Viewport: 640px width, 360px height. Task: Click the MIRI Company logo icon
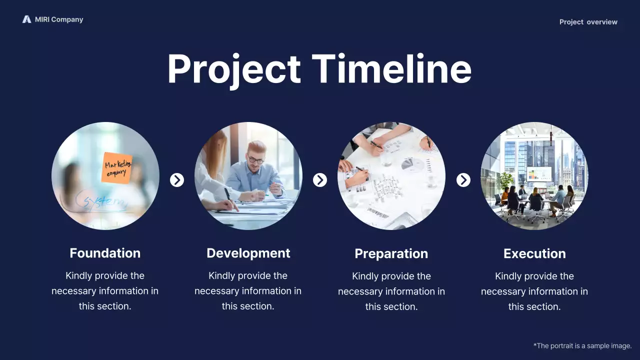[26, 19]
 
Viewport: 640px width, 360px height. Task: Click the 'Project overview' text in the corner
[588, 22]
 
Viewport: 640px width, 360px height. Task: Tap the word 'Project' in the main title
[233, 69]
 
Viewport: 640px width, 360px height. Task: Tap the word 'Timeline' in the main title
[391, 69]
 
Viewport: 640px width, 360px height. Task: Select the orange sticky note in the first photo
[117, 167]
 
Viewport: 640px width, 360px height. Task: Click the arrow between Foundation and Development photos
[177, 180]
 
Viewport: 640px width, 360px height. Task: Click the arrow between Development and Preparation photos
[320, 180]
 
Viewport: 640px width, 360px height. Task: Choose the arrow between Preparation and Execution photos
[463, 180]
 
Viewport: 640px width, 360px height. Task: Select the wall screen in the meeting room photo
[539, 174]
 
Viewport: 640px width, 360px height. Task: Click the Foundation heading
[105, 253]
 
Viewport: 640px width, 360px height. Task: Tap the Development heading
[248, 253]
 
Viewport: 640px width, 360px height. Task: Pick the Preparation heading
[391, 253]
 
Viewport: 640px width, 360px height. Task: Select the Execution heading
[534, 253]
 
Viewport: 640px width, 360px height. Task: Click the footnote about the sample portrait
[582, 345]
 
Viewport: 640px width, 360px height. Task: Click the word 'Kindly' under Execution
[508, 276]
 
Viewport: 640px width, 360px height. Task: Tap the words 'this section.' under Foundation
[105, 306]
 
